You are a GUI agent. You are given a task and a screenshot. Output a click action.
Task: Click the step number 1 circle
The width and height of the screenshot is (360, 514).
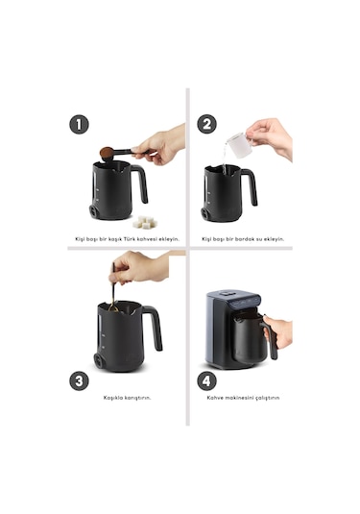(x=79, y=125)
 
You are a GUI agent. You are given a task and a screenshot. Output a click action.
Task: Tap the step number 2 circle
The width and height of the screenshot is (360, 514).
(x=206, y=124)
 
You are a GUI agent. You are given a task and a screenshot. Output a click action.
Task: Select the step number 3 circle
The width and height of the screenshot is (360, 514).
(x=79, y=380)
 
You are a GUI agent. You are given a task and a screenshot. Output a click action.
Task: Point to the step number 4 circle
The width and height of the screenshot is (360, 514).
(x=206, y=380)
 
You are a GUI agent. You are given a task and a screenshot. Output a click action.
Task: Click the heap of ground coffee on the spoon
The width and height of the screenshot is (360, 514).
(x=107, y=153)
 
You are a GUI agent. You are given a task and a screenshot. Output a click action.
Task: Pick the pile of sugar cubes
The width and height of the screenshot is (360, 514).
(x=144, y=222)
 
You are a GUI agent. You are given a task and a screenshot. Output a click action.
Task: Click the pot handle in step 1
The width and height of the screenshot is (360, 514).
(x=141, y=183)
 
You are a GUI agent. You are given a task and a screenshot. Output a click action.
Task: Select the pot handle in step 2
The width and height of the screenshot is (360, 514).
(x=251, y=186)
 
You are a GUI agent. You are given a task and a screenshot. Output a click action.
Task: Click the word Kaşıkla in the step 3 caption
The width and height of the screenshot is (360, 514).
(x=113, y=398)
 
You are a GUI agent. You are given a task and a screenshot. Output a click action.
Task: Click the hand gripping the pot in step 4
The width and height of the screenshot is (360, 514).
(x=277, y=332)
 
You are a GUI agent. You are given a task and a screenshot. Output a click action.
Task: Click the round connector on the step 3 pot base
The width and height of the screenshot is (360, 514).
(x=98, y=361)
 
